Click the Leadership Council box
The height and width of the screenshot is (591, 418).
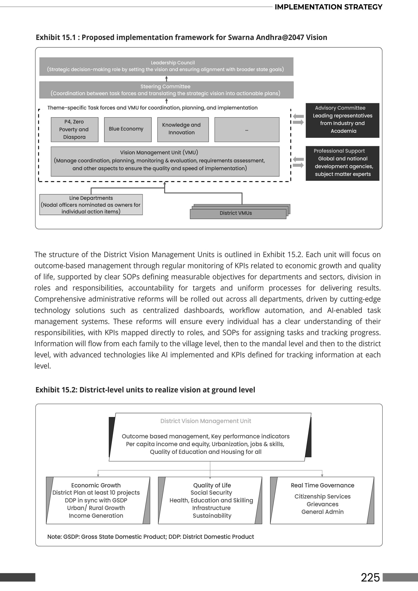(166, 66)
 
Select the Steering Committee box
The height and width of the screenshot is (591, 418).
(166, 90)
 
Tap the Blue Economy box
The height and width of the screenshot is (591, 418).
(127, 130)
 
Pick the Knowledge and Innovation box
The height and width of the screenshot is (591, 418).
(183, 130)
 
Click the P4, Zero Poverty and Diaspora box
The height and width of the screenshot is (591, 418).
(74, 130)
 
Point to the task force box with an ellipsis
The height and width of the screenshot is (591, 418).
(247, 130)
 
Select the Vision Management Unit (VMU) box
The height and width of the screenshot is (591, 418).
(165, 161)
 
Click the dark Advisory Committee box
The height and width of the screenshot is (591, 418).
(342, 120)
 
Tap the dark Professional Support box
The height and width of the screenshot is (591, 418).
(342, 163)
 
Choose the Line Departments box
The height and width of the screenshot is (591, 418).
(91, 205)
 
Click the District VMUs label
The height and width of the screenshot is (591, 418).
(236, 213)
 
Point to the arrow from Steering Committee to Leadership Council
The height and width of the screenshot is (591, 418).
(166, 78)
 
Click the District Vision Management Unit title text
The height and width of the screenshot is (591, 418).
(206, 421)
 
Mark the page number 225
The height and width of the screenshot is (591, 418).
(370, 577)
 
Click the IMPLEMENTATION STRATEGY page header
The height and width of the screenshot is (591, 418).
(328, 7)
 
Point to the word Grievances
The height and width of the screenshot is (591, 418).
(322, 504)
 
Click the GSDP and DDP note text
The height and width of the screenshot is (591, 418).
(150, 537)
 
